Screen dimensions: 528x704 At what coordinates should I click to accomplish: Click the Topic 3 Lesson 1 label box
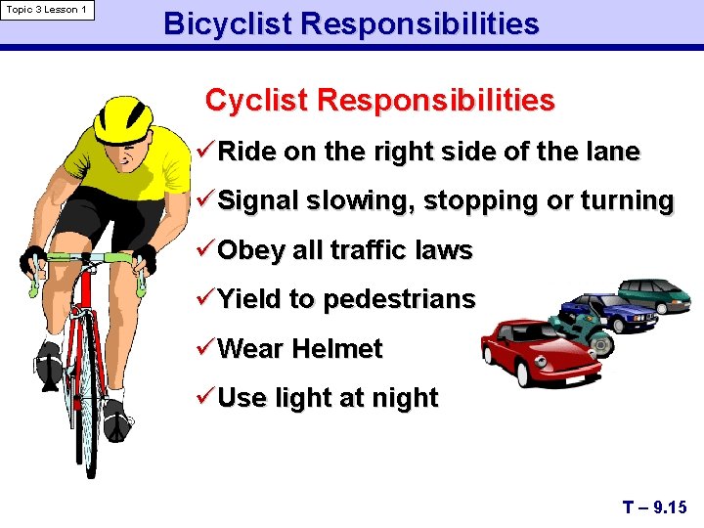point(48,11)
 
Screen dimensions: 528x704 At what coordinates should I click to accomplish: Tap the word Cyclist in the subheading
point(257,101)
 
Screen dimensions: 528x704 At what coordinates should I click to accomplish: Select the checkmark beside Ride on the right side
point(205,152)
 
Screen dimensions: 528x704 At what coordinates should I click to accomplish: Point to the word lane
point(613,153)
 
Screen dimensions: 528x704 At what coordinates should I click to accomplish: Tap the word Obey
point(251,251)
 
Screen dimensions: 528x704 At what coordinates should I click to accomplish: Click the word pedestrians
point(399,300)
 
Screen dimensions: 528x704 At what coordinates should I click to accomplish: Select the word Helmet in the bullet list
point(343,349)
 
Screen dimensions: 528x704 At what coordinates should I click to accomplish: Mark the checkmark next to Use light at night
point(205,398)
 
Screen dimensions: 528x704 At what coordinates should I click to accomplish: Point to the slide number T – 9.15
point(654,506)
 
